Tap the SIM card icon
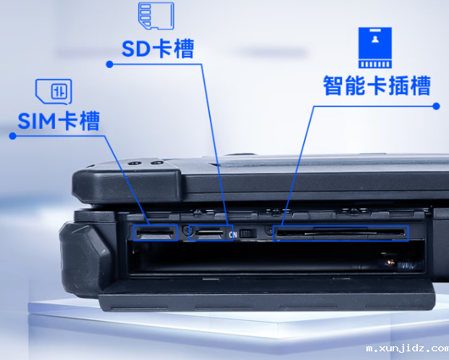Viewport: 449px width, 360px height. [54, 91]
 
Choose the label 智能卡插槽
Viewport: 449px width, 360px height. [377, 85]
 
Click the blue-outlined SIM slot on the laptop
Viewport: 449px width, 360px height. [155, 233]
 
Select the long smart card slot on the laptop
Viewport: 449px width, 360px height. [341, 233]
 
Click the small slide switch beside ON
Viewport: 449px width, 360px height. [248, 233]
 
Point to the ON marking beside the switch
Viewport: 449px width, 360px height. [232, 235]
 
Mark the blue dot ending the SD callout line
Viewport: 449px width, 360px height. [109, 64]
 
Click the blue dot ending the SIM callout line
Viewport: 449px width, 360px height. [12, 135]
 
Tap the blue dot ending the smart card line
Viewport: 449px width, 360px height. [436, 106]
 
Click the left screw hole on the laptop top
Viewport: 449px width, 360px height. [135, 164]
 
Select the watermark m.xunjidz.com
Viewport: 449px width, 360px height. [407, 349]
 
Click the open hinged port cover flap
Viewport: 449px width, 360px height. [268, 296]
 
